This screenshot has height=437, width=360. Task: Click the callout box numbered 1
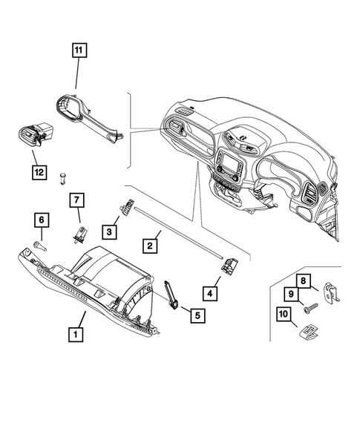(x=74, y=334)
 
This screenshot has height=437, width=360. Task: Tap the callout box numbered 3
(x=109, y=232)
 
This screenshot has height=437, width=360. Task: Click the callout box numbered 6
(x=42, y=220)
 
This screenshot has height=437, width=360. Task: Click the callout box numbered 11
(x=79, y=52)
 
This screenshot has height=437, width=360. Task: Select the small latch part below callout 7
(x=78, y=235)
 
